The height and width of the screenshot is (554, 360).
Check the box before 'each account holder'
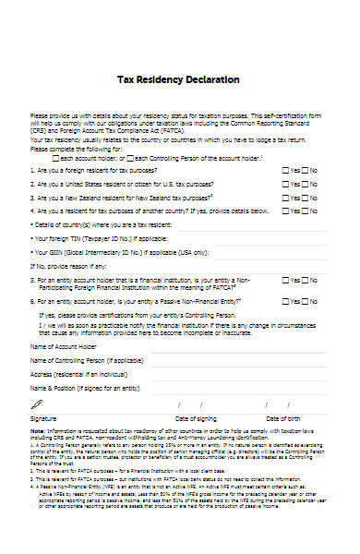[x=54, y=158]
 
